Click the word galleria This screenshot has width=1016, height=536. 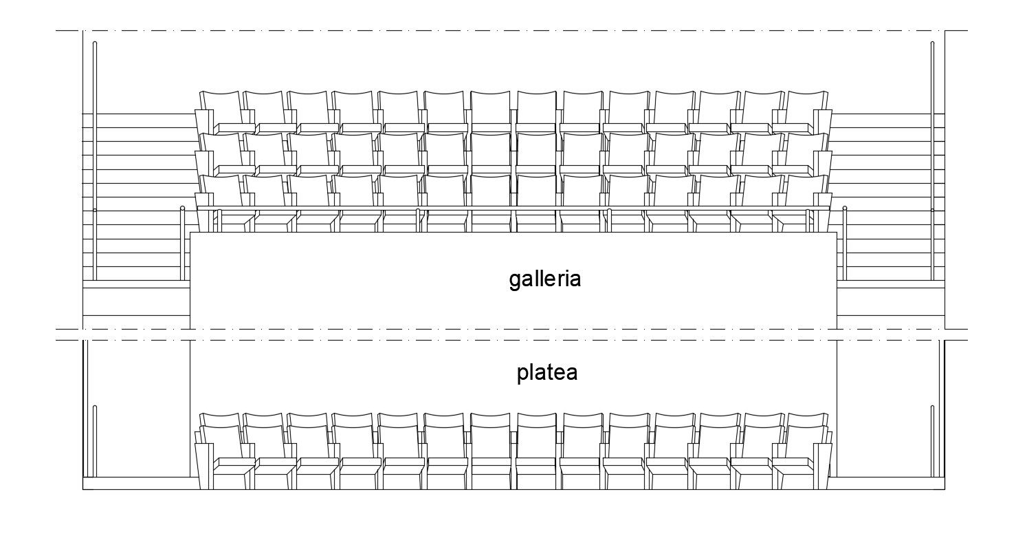pos(545,279)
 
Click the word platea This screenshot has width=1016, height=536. pos(547,373)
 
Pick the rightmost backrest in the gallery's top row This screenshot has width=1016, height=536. pos(806,107)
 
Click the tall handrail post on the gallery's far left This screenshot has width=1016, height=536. pos(95,158)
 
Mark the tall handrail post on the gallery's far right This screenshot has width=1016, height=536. pos(932,158)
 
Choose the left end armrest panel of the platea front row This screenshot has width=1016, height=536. pos(204,465)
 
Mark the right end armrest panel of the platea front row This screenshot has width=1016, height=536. pos(824,465)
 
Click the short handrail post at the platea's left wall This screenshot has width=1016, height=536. pos(95,440)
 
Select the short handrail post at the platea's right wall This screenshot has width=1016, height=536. pos(932,440)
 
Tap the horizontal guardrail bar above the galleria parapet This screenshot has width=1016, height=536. pos(513,207)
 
